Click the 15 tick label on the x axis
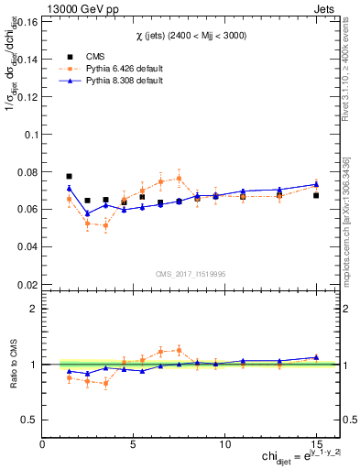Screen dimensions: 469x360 coord(315,444)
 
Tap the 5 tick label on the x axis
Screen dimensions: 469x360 coord(134,444)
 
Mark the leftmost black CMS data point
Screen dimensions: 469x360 coord(70,176)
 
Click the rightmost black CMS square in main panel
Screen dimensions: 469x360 coord(316,195)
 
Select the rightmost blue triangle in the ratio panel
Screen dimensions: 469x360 coord(316,357)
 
